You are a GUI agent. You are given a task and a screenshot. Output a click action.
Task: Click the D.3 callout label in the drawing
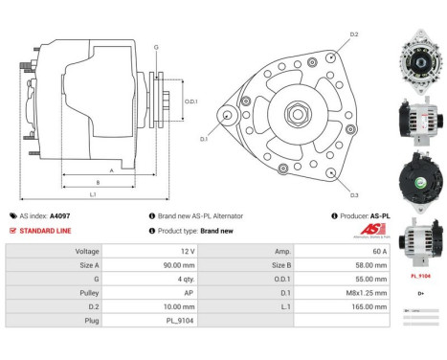[x=353, y=195]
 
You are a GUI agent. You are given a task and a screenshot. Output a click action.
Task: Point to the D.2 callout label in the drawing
[x=353, y=34]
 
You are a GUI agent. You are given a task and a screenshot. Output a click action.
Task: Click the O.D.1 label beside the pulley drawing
[x=190, y=101]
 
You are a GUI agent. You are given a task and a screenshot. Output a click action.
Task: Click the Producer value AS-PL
[x=377, y=216]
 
